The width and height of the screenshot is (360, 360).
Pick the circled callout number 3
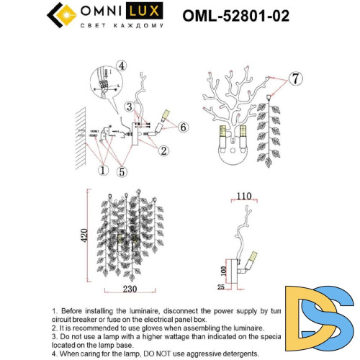128,107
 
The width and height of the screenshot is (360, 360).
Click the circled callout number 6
183,127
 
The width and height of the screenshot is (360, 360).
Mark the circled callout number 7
295,77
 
